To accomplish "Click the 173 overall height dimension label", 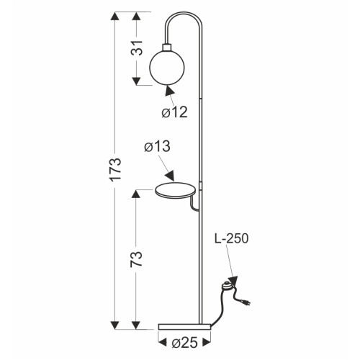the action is (x=115, y=168).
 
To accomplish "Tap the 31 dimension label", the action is (x=137, y=48).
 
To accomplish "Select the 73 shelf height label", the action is (x=136, y=259).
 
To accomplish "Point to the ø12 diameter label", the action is (x=174, y=112).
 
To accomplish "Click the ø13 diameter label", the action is (x=157, y=146).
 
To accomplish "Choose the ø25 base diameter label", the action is (x=184, y=343).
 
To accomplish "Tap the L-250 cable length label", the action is (x=232, y=239).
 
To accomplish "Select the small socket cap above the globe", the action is (x=167, y=47).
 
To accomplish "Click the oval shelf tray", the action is (x=176, y=191).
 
